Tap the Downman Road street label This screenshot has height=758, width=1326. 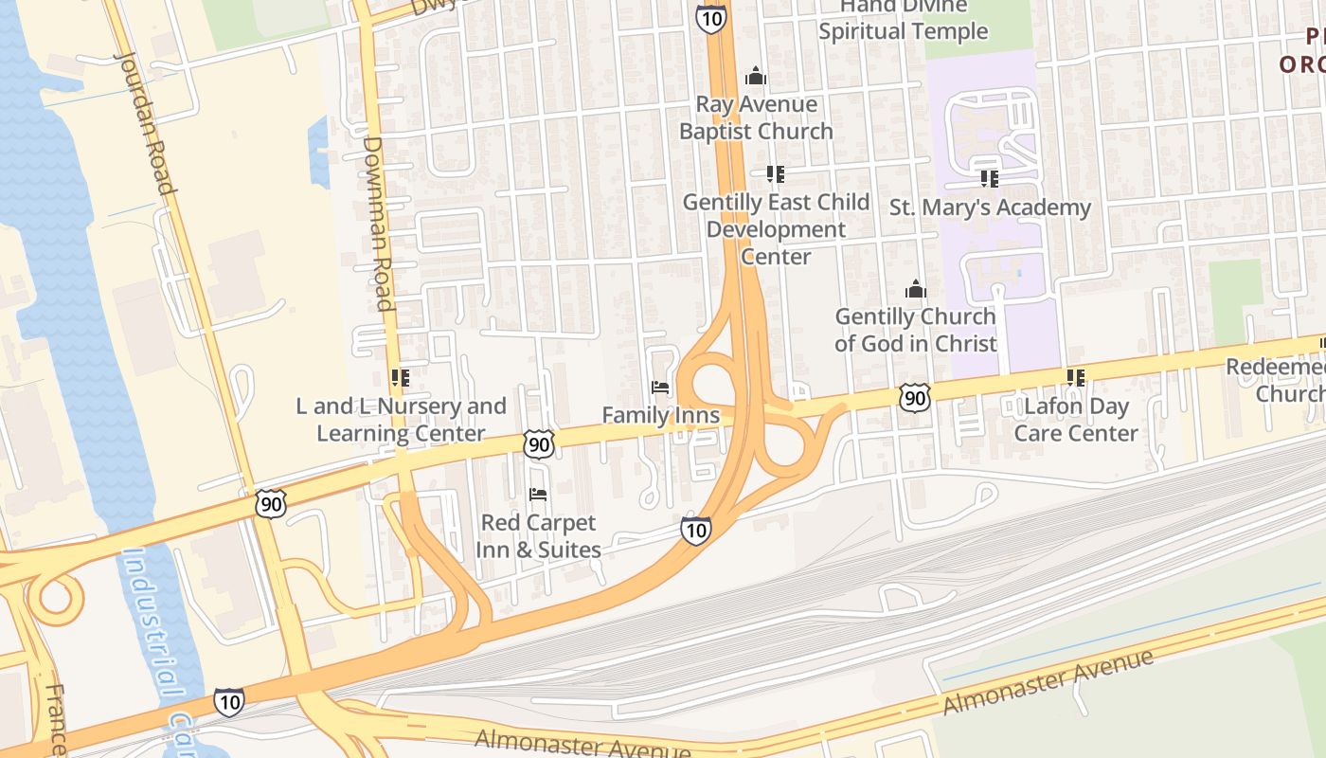(x=378, y=224)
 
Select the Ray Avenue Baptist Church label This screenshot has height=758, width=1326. (x=756, y=117)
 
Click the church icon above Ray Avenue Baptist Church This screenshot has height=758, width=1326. (x=756, y=75)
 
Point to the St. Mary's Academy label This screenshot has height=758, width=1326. (x=990, y=208)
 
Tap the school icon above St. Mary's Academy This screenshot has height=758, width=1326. (x=990, y=178)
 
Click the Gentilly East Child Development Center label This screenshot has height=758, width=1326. (x=776, y=229)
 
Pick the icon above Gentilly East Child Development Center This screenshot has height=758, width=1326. (x=776, y=174)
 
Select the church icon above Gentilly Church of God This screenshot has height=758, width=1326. (x=916, y=288)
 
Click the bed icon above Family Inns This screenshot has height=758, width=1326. (x=661, y=388)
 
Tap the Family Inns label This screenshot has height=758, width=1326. (x=661, y=416)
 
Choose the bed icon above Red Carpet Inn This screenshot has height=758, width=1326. (x=538, y=495)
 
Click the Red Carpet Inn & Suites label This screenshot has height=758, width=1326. (x=538, y=536)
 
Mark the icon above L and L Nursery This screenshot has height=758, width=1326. (x=401, y=378)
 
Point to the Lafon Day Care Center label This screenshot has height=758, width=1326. (x=1076, y=420)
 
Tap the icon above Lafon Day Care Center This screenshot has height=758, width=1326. (x=1076, y=378)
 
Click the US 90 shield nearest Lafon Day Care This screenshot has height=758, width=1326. (x=915, y=397)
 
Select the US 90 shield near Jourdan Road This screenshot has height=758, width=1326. (x=271, y=504)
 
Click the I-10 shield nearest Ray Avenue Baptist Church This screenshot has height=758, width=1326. (x=710, y=17)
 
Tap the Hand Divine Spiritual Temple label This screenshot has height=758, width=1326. (x=903, y=20)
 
